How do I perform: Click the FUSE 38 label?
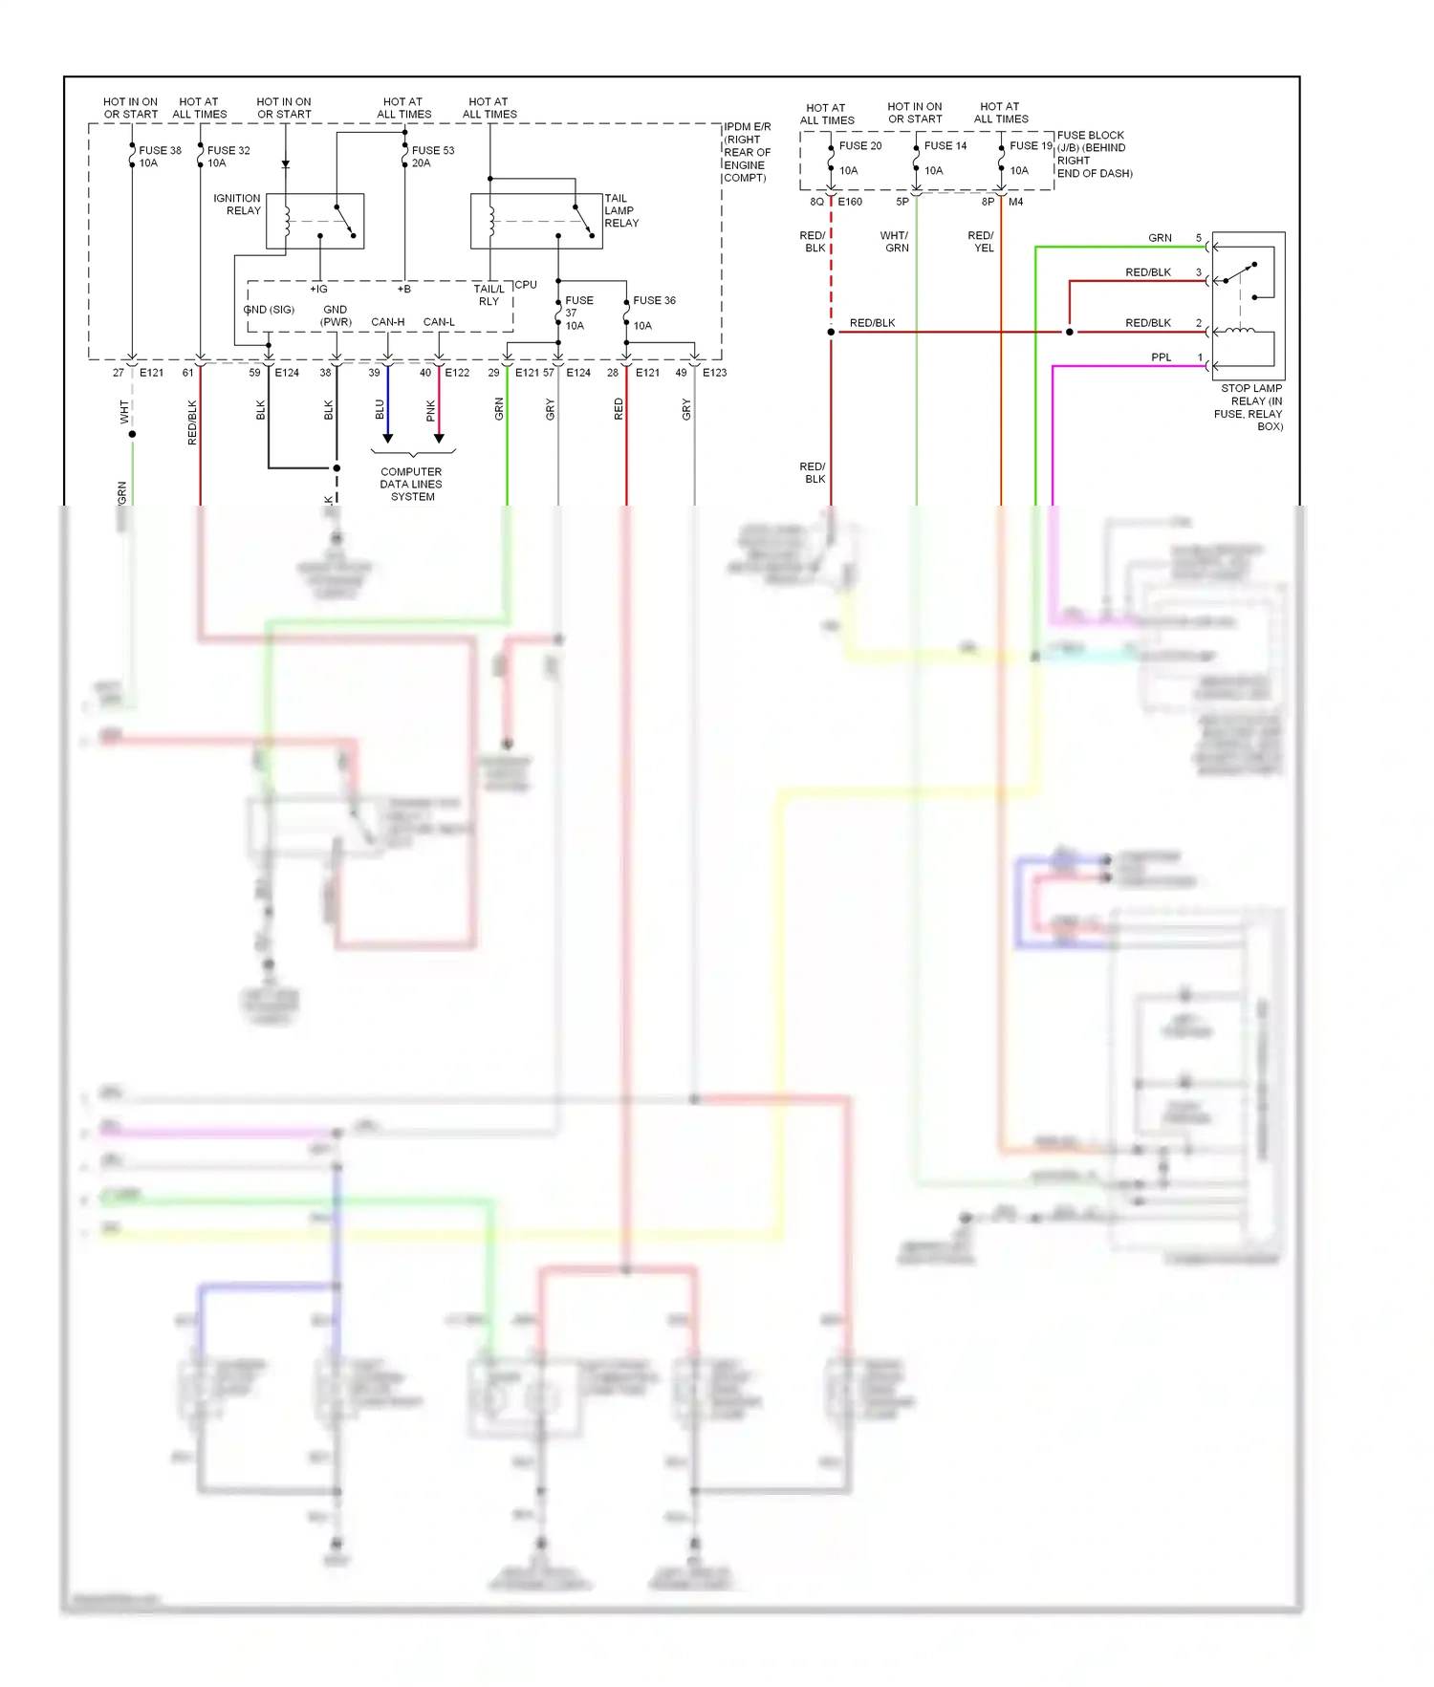pos(160,151)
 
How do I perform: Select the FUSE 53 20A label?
pos(432,157)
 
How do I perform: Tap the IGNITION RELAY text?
pos(237,205)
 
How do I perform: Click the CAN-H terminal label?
pos(387,322)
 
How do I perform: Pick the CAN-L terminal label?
pos(439,322)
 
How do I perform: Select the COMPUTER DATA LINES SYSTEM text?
pos(411,485)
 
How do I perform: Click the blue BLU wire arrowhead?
pos(388,438)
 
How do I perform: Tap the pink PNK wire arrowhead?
pos(439,438)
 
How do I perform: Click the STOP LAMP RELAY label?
pos(1250,407)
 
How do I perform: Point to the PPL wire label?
pos(1161,357)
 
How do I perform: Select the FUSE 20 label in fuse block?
pos(859,146)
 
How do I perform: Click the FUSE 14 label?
pos(945,146)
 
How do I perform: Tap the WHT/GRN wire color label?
pos(895,242)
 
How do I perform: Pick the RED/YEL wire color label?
pos(981,242)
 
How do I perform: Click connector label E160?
pos(850,203)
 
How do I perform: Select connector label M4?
pos(1015,203)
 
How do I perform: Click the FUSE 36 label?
pos(654,301)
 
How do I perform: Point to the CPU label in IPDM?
pos(526,285)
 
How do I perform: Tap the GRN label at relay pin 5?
pos(1160,238)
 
